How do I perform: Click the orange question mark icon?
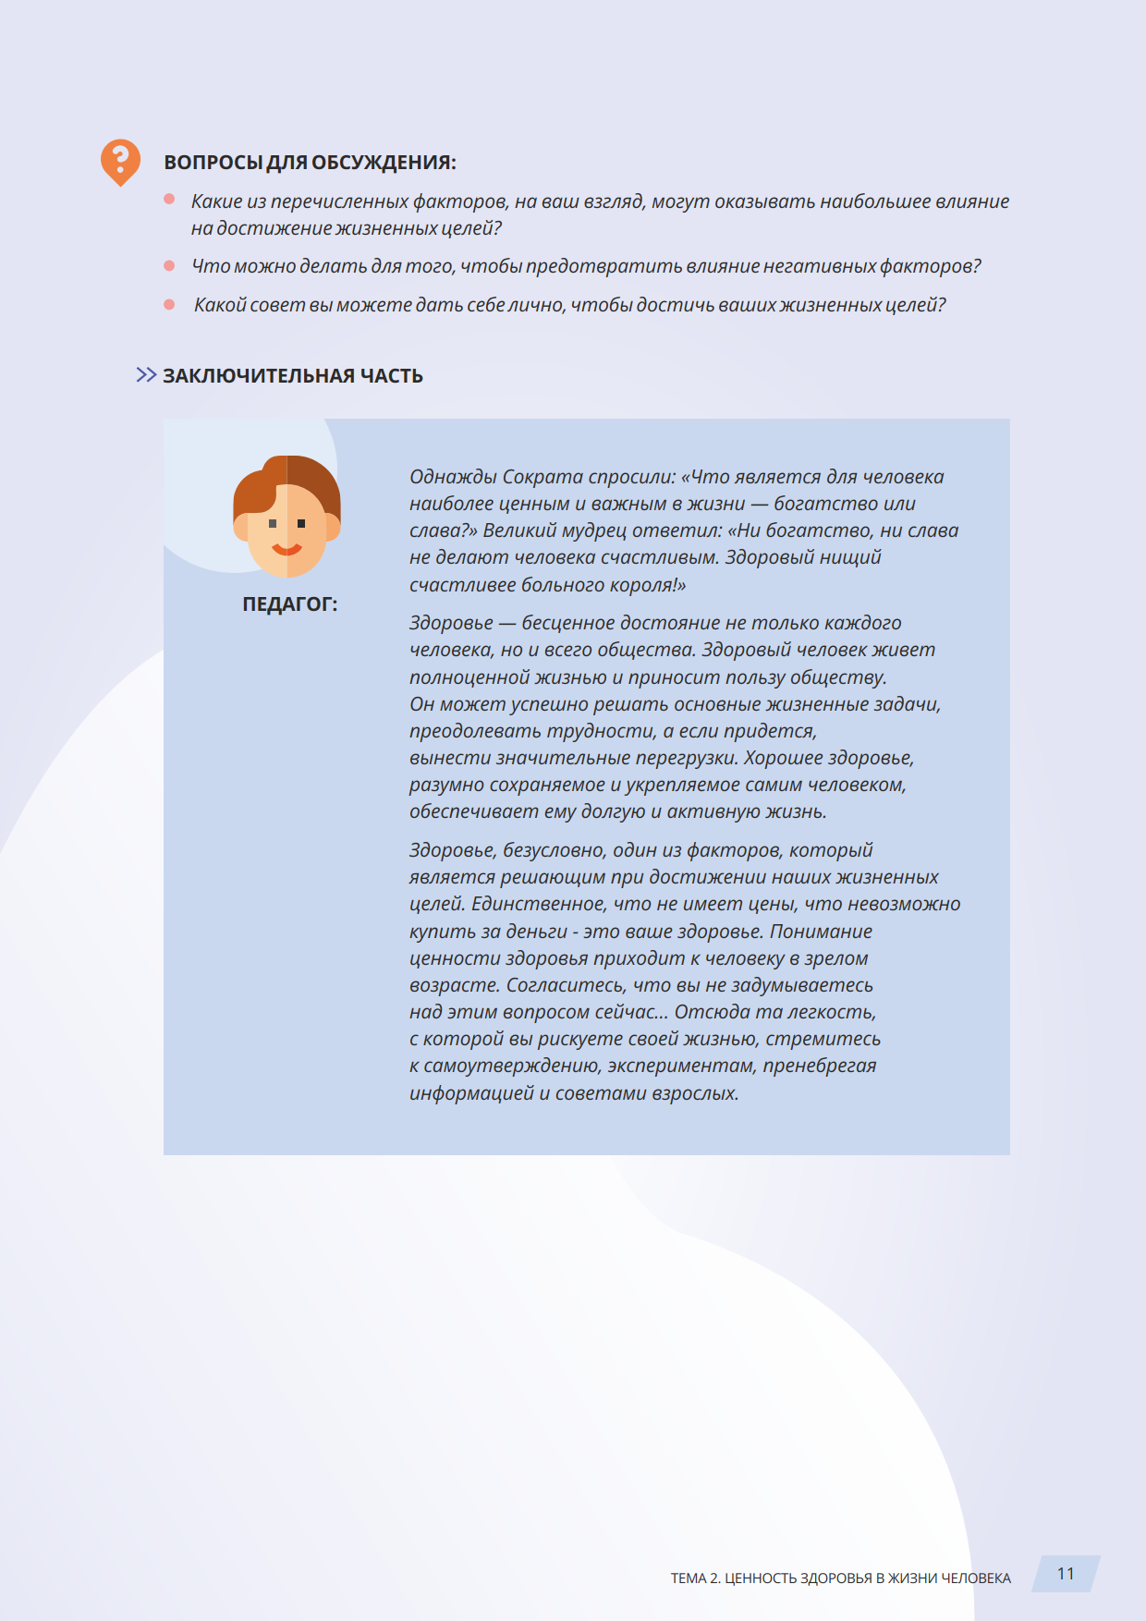pyautogui.click(x=120, y=162)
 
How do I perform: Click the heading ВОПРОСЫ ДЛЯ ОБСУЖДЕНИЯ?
pyautogui.click(x=310, y=163)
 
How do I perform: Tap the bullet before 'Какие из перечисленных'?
pyautogui.click(x=169, y=199)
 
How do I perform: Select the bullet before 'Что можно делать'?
pyautogui.click(x=169, y=266)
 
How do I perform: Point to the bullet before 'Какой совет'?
pyautogui.click(x=169, y=304)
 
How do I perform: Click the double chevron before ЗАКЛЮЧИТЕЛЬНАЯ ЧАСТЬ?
pyautogui.click(x=146, y=374)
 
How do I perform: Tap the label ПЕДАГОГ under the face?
pyautogui.click(x=289, y=604)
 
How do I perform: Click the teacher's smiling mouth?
pyautogui.click(x=286, y=550)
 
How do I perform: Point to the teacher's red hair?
pyautogui.click(x=286, y=476)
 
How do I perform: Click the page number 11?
pyautogui.click(x=1066, y=1574)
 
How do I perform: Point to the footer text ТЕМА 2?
pyautogui.click(x=695, y=1578)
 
